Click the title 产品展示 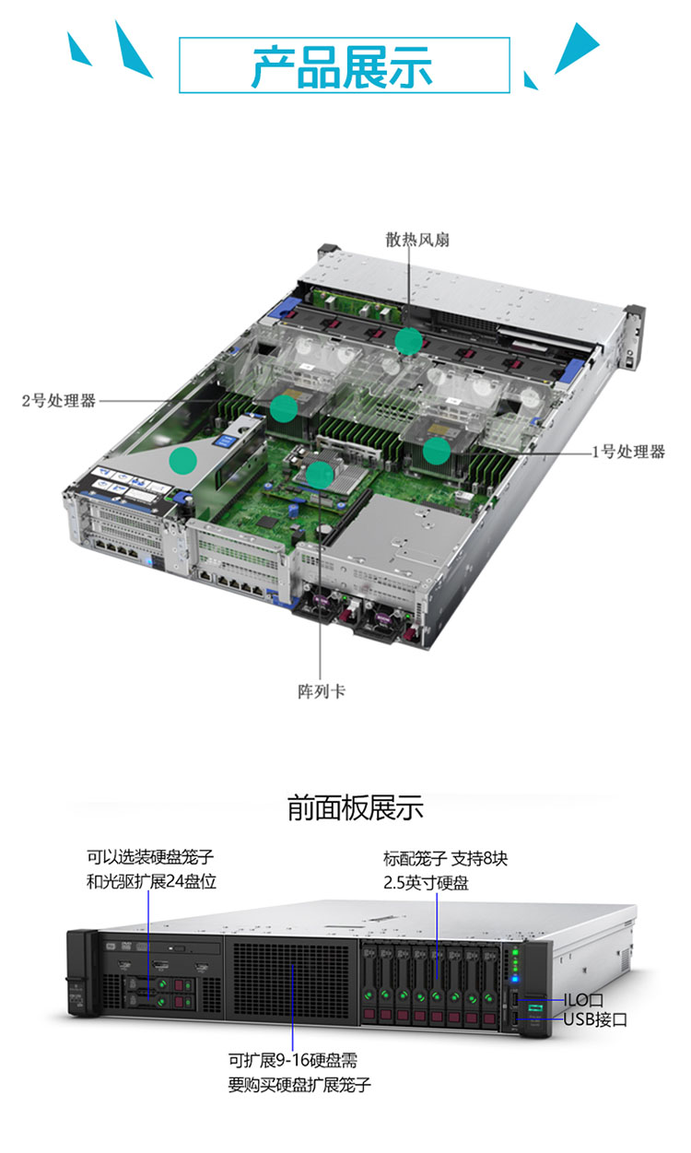(x=342, y=66)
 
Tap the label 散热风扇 (x=417, y=240)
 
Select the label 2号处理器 (x=59, y=400)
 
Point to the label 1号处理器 (x=628, y=452)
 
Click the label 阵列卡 (x=321, y=691)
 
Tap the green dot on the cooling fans (x=408, y=341)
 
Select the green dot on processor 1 (x=437, y=451)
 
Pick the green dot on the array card (x=320, y=475)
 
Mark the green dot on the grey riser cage (x=183, y=461)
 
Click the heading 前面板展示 (x=355, y=807)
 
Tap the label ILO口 (x=583, y=1000)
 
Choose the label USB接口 (x=595, y=1019)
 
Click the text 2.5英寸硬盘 (x=426, y=883)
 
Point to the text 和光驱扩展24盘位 (x=151, y=882)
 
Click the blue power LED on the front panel (x=515, y=979)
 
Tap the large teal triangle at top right (x=577, y=47)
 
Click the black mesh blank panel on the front (x=291, y=978)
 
